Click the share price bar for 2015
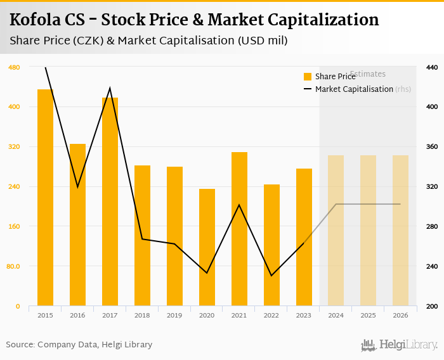click(45, 197)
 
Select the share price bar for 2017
click(110, 201)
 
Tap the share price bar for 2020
click(207, 247)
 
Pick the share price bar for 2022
click(271, 245)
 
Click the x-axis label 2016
click(77, 315)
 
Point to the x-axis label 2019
click(174, 315)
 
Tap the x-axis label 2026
click(400, 315)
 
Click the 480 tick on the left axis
click(15, 67)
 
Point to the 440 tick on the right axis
click(431, 67)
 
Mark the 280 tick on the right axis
click(431, 226)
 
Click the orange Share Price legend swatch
click(308, 77)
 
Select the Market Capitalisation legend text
click(354, 89)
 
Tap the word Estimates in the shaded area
click(368, 74)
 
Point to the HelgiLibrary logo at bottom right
click(399, 345)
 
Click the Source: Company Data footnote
click(79, 345)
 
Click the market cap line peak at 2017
click(110, 88)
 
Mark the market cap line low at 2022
click(271, 275)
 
